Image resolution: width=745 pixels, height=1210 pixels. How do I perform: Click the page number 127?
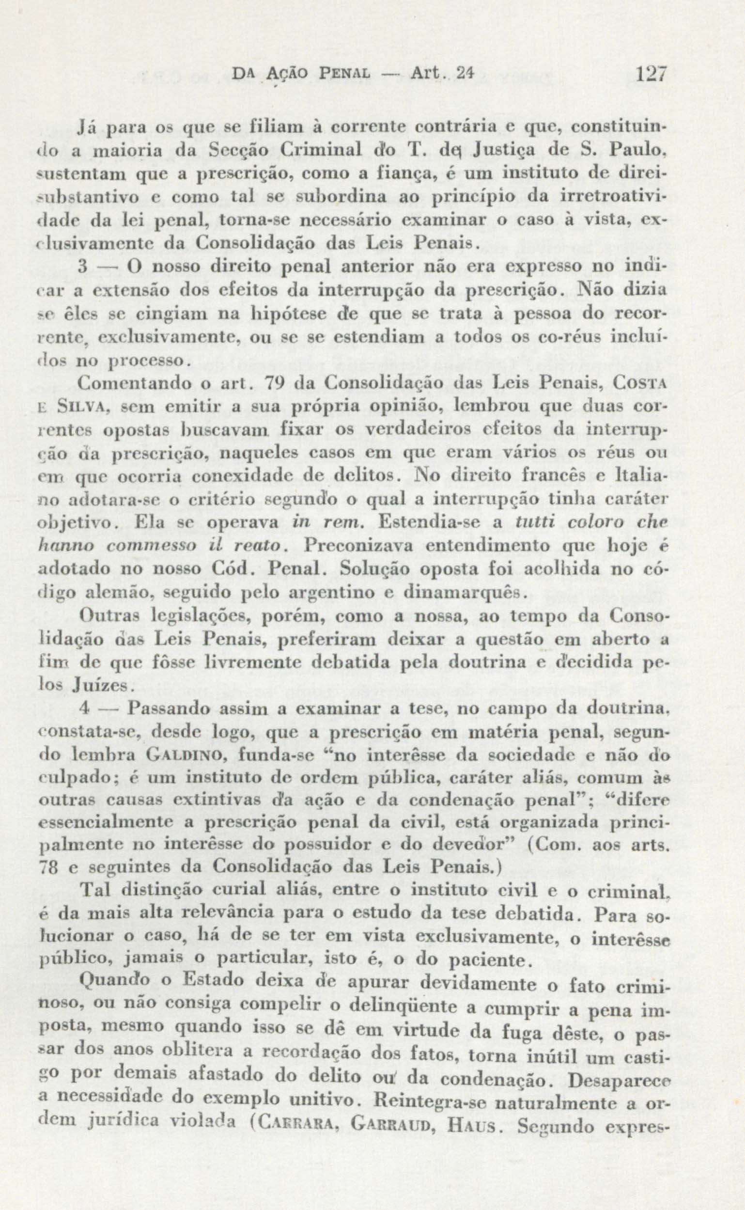[x=651, y=76]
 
